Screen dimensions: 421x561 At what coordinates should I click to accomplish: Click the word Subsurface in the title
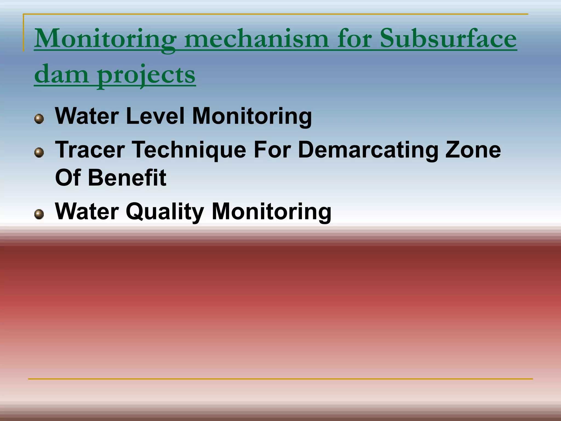coord(448,39)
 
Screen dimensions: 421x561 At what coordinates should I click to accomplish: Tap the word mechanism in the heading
coord(256,39)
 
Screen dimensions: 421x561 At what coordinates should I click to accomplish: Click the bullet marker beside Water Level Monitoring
coord(39,119)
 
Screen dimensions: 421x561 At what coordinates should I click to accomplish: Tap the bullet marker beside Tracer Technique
coord(39,153)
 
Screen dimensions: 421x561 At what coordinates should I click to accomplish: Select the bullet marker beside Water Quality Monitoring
coord(39,214)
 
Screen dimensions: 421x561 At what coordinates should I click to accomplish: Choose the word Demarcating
coord(368,150)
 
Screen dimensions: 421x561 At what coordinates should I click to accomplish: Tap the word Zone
coord(473,150)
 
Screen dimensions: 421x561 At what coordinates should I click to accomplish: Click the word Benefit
coord(127,178)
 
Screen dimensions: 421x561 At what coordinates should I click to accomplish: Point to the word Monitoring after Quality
coord(271,212)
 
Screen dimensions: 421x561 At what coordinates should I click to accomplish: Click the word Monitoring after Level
coord(252,116)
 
